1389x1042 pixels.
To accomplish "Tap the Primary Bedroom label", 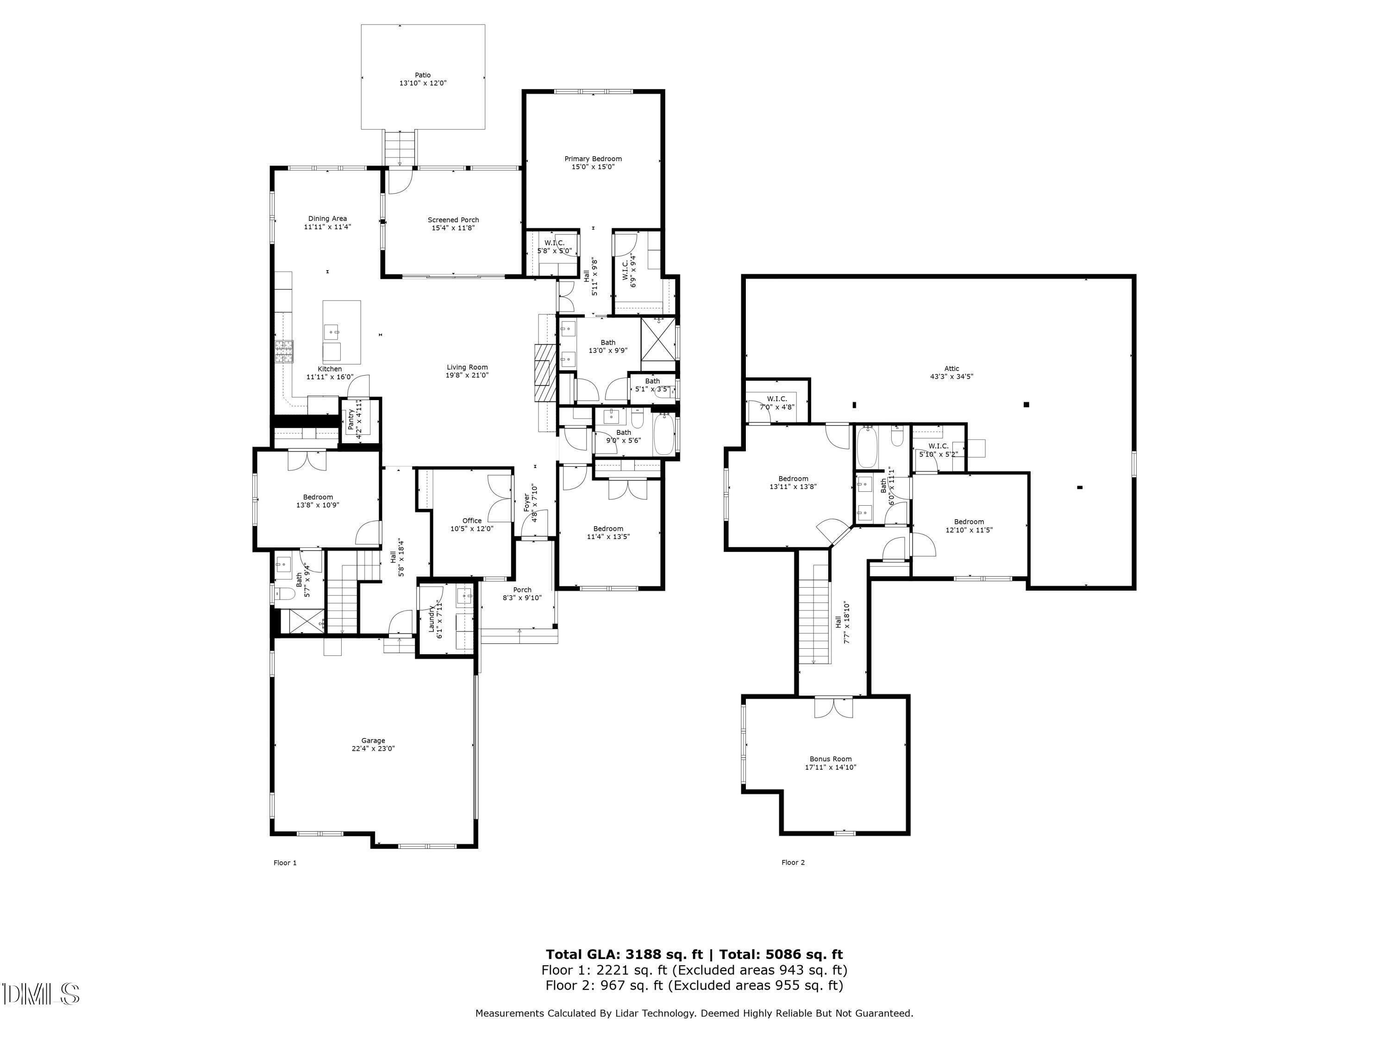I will (593, 159).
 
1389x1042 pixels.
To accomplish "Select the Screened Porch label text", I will (453, 220).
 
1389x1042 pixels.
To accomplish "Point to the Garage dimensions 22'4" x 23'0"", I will (373, 749).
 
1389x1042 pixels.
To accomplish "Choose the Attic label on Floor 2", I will (951, 369).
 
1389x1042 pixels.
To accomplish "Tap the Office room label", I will (472, 521).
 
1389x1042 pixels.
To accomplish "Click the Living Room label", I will (467, 367).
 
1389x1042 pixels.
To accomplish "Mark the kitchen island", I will (342, 332).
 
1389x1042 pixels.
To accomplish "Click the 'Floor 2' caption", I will (793, 862).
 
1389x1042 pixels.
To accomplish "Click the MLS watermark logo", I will (41, 994).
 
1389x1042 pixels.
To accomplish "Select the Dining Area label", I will (327, 219).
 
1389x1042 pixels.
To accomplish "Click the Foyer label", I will (526, 502).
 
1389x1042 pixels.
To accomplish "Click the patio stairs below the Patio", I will (400, 148).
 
